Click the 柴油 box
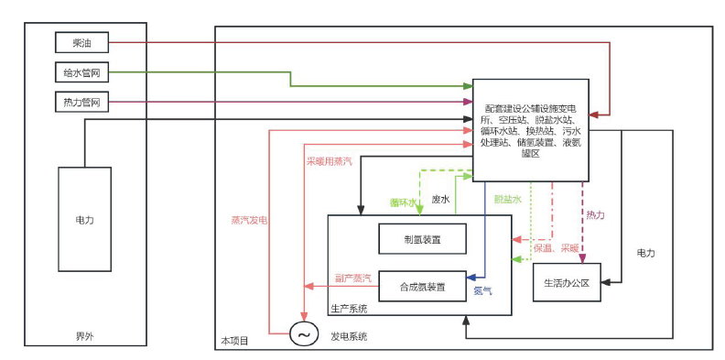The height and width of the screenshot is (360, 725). (81, 42)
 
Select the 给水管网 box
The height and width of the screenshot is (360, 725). (81, 72)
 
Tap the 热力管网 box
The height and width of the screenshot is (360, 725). (81, 102)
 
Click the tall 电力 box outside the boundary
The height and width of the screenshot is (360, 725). (84, 221)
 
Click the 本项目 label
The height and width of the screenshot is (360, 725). (233, 341)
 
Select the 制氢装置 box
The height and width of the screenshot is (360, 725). (422, 240)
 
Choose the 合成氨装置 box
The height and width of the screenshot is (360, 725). (422, 287)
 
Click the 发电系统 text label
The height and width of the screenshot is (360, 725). (349, 337)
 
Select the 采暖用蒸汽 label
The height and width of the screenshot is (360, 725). (329, 161)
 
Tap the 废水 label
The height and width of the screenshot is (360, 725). (440, 200)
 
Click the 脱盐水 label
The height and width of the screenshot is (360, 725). (507, 199)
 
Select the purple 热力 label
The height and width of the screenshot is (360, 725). (595, 214)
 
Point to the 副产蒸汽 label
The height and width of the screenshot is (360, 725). (352, 278)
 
